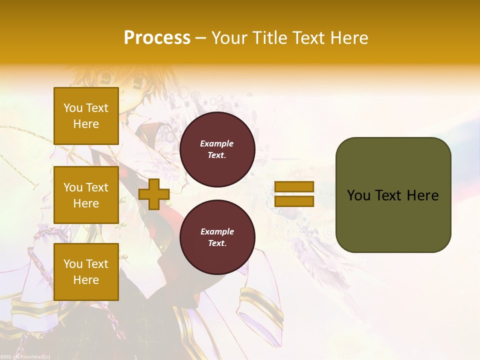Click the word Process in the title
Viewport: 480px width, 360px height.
(x=157, y=38)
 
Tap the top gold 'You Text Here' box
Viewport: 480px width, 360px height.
(x=86, y=116)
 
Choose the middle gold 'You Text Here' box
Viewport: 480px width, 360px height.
(x=86, y=195)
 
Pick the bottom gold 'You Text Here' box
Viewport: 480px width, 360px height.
(x=86, y=272)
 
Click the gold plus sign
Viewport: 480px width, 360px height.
(x=153, y=194)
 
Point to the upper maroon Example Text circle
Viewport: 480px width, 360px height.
(x=217, y=149)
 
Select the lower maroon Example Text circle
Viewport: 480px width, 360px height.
(x=217, y=237)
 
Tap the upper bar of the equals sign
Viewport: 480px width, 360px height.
(x=294, y=187)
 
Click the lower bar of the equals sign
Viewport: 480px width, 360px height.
(x=294, y=201)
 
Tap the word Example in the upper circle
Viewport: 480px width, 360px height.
(x=216, y=143)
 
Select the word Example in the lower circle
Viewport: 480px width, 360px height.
(x=217, y=231)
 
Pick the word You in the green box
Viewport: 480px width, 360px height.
(x=358, y=195)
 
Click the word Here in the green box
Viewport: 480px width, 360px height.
(x=422, y=195)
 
